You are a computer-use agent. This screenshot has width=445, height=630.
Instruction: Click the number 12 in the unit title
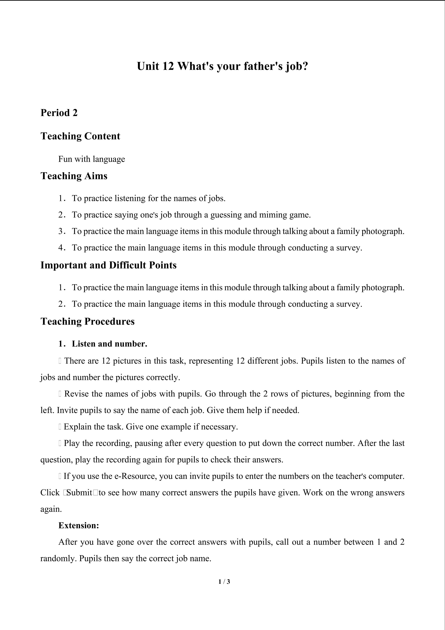point(168,66)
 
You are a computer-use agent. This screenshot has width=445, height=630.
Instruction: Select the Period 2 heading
point(59,113)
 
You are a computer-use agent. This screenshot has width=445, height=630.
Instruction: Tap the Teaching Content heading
point(80,136)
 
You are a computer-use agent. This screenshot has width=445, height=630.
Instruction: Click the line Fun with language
point(92,159)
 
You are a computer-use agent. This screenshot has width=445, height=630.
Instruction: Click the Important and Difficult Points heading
point(109,265)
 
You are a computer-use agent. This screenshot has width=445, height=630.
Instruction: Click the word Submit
point(79,493)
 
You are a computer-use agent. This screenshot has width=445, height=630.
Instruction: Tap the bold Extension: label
point(79,526)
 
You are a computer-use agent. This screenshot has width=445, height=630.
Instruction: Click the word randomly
point(58,559)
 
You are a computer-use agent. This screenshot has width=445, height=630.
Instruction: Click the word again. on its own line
point(51,509)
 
